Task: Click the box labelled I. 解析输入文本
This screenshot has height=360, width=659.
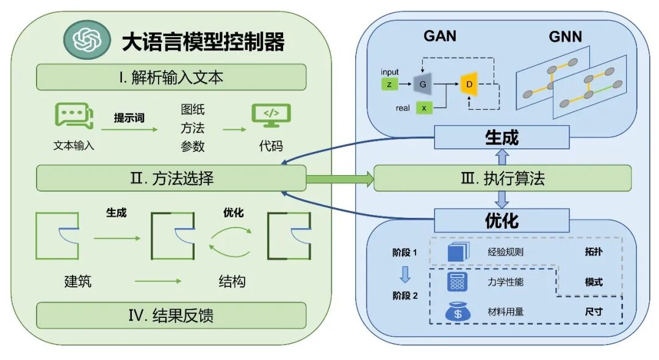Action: tap(171, 77)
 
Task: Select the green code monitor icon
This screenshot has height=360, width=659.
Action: tap(271, 115)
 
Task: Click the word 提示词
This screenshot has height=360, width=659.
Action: tap(129, 118)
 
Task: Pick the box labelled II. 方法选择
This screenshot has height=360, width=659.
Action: tap(171, 179)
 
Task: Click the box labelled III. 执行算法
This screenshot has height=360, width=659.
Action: tap(502, 179)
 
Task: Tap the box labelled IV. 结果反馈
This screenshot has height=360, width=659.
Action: tap(171, 315)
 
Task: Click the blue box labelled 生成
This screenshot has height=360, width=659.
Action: tap(502, 137)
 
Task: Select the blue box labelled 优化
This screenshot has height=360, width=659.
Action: tap(502, 220)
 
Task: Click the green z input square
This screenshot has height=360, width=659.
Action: tap(389, 83)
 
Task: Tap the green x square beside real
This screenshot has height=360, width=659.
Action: tap(423, 108)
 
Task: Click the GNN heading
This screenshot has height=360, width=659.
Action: tap(565, 37)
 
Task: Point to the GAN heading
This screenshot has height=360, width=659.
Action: tap(440, 36)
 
